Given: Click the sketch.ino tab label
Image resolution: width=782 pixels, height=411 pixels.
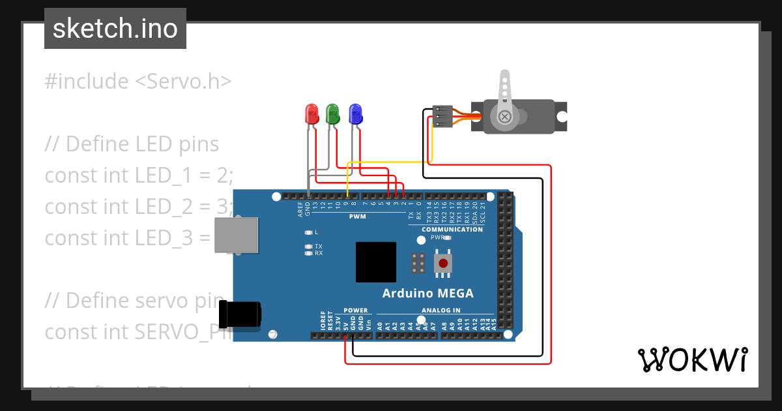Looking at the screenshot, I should [x=115, y=29].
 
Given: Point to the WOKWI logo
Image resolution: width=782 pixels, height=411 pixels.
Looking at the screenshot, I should [x=692, y=359].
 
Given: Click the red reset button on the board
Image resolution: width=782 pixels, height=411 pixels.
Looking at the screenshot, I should [x=443, y=264].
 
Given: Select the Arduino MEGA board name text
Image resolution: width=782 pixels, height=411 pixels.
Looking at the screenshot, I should [x=427, y=293].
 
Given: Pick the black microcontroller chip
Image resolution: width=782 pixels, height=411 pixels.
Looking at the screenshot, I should [x=376, y=262].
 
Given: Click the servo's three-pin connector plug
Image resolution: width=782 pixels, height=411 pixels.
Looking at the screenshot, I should [x=442, y=116].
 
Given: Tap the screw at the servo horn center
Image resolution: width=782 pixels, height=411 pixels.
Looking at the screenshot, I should [x=504, y=116].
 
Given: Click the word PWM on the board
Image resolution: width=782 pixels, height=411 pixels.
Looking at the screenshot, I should [x=356, y=216].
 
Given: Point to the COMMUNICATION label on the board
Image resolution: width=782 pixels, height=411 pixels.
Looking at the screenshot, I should [x=452, y=230].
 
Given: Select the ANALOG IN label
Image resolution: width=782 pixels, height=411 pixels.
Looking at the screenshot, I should [x=441, y=311].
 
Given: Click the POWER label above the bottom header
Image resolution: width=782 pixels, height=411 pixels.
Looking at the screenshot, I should [x=355, y=311].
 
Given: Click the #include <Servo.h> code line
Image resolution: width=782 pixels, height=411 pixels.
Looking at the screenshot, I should [x=138, y=82].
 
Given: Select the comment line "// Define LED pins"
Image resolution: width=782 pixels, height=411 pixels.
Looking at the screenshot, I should [x=132, y=144].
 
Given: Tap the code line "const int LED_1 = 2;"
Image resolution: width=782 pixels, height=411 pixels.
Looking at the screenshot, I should [x=139, y=175].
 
